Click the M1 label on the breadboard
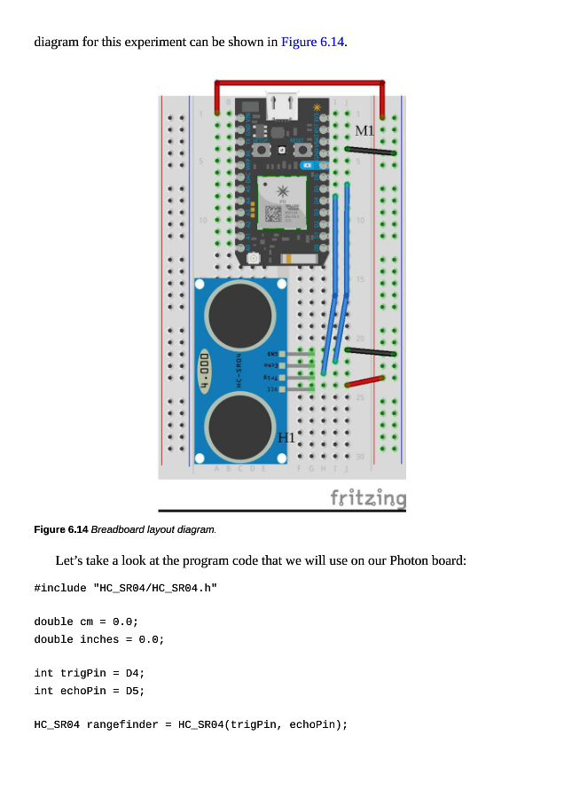[365, 131]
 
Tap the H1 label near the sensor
[286, 437]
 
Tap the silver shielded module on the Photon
[282, 202]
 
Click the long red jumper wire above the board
[300, 83]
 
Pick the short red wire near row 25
[364, 382]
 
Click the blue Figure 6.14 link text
[312, 42]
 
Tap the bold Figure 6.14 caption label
[60, 529]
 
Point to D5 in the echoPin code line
[135, 690]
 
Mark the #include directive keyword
[60, 588]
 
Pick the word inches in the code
[99, 638]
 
